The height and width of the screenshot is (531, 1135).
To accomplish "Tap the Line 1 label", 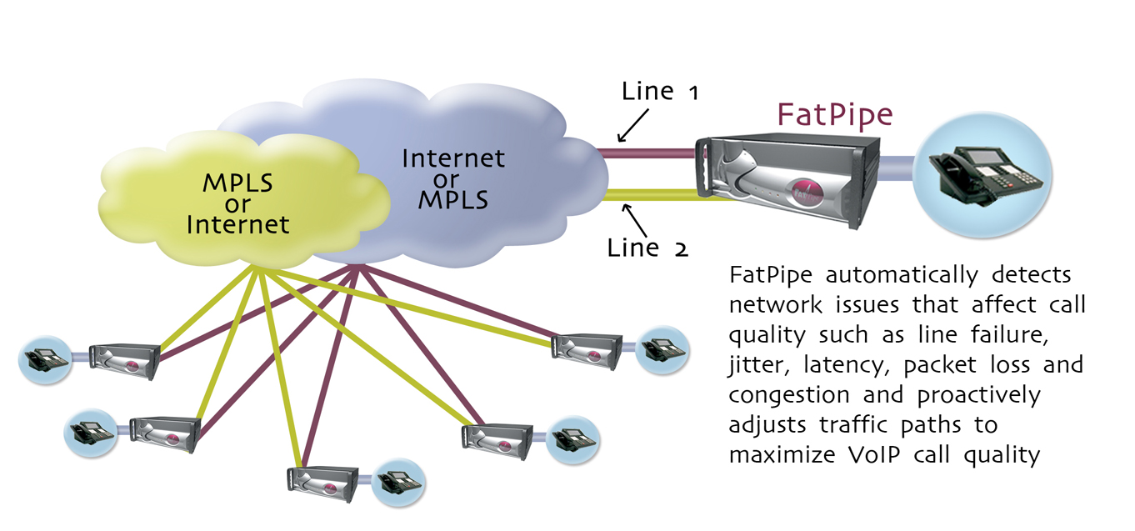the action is point(660,91).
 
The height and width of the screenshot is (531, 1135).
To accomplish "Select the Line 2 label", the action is point(647,248).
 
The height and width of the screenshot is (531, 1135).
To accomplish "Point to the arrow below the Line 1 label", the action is point(632,126).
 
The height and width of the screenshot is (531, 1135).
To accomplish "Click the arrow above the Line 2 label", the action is point(634,220).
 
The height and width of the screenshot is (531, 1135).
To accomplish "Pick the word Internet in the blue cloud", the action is point(453,158).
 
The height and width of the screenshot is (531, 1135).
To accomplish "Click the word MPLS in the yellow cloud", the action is point(237,183).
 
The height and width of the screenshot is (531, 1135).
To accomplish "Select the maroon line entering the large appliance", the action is point(646,153).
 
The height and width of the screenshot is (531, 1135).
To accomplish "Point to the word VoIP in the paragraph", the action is point(874,454).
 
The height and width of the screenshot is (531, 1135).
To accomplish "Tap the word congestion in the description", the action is point(789,395).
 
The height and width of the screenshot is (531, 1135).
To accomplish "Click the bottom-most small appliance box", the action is point(322,483).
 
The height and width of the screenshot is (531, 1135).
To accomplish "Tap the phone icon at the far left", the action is point(46,359).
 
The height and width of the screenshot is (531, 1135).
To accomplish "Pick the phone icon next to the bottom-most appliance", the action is point(398,483).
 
